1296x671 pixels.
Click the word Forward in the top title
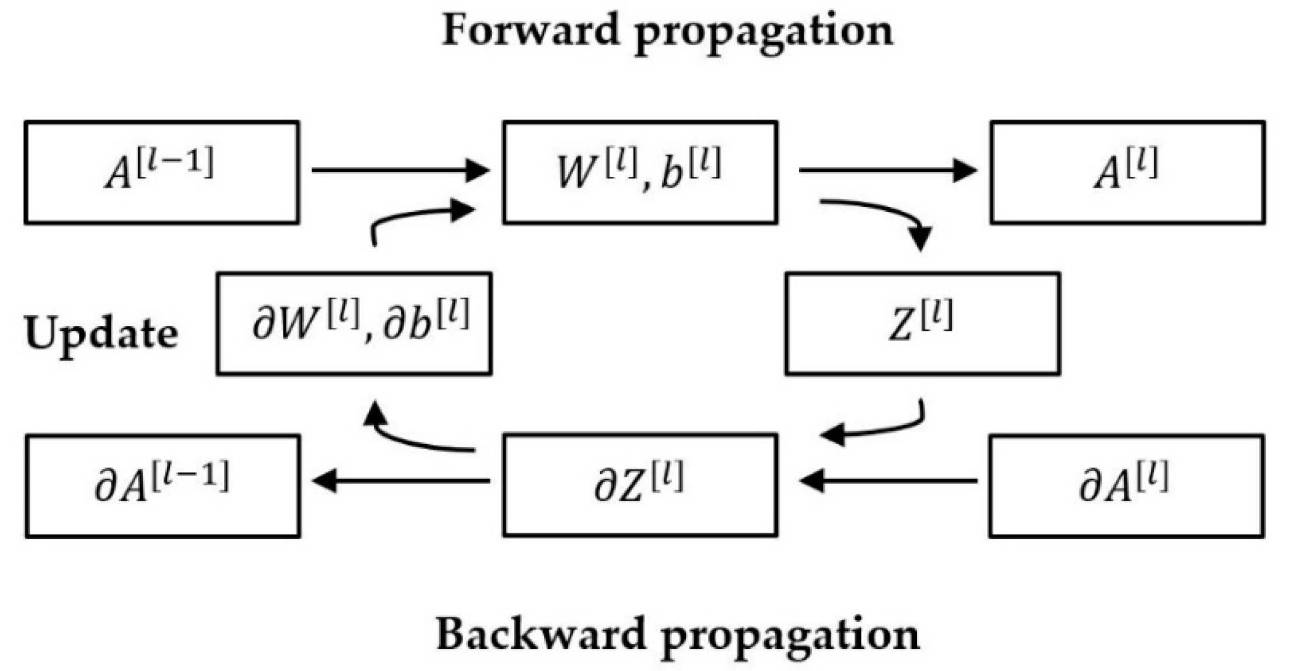[530, 30]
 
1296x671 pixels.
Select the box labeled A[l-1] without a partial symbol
[162, 172]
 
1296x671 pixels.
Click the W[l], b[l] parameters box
[640, 172]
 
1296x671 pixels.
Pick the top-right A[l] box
[1127, 172]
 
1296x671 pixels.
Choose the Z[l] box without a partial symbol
[922, 323]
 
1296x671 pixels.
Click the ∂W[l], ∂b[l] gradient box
[354, 323]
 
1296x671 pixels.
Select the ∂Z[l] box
[640, 485]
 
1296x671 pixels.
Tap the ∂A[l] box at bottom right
[1126, 485]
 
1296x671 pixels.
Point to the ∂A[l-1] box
[162, 485]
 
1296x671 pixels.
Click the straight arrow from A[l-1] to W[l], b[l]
[400, 170]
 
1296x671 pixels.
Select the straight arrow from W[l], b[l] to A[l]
[887, 170]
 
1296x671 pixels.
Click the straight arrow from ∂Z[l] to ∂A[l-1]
[401, 481]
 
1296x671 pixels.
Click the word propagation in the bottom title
[790, 636]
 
